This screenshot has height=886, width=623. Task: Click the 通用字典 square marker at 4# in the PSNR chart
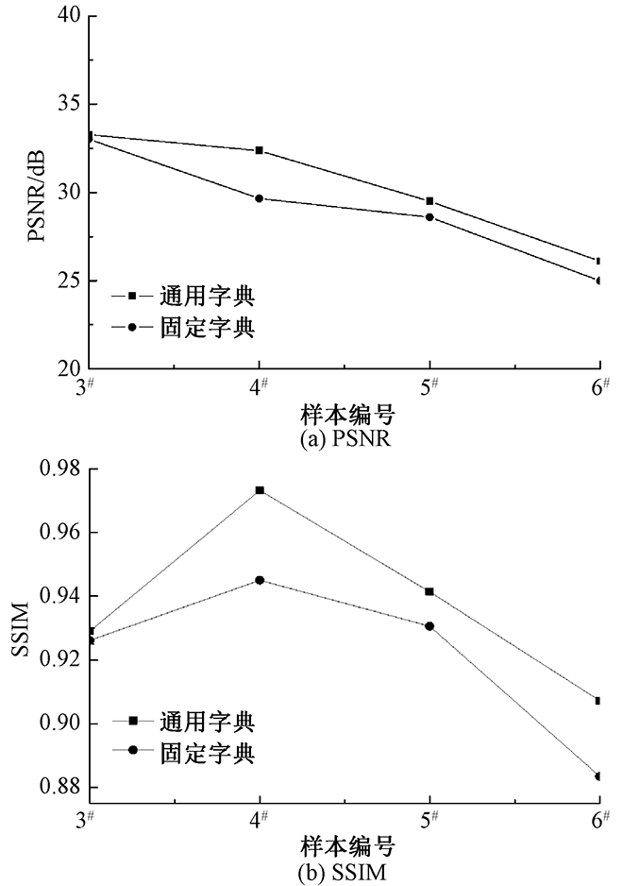[260, 150]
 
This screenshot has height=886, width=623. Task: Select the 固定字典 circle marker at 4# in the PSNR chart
[260, 198]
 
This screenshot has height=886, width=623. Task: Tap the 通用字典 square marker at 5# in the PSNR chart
[429, 201]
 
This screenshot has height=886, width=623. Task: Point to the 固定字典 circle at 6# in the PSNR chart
[599, 281]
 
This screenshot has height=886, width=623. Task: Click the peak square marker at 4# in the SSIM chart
[260, 490]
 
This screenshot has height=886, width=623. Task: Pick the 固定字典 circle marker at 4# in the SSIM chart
[260, 580]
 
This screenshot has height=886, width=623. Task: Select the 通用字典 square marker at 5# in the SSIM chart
[429, 591]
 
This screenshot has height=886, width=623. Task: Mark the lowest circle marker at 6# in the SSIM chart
[599, 775]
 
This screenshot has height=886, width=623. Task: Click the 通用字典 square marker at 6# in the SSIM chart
[599, 700]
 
